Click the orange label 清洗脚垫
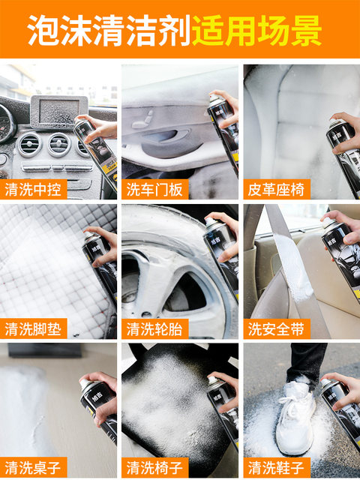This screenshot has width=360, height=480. pos(34,328)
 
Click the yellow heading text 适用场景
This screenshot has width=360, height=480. pos(256,30)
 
